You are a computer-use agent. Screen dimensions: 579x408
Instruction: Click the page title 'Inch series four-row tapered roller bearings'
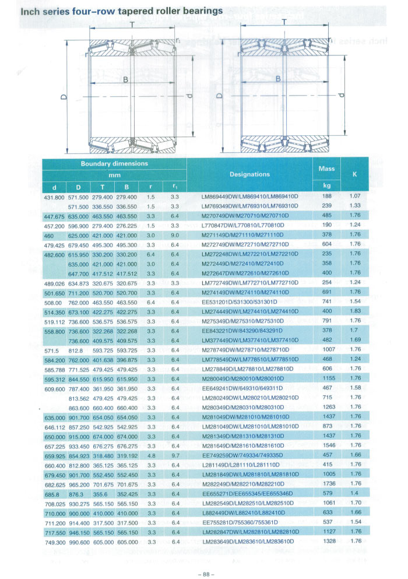113,10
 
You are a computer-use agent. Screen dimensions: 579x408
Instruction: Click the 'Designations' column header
249,174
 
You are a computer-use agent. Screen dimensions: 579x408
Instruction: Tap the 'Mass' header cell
326,168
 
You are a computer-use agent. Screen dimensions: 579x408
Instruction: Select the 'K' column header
354,174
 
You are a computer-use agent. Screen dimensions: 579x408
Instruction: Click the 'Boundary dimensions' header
114,164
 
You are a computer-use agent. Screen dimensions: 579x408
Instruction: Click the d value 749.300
55,541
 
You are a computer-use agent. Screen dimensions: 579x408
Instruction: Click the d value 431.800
55,197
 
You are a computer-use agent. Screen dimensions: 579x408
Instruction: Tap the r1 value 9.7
174,455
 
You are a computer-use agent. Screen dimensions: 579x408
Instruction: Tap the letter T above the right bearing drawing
284,22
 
